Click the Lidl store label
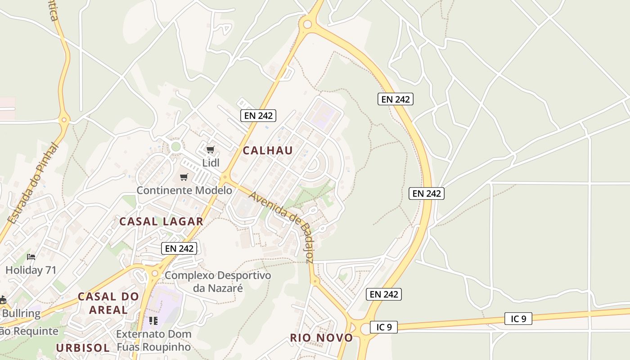pos(211,163)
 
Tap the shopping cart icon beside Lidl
pos(210,149)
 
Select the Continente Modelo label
pos(184,190)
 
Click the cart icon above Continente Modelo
pos(184,177)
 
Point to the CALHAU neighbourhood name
pos(268,151)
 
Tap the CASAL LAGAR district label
pos(161,221)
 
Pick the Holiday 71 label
pos(31,270)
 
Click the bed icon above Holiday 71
pos(31,257)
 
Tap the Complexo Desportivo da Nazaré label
pos(218,281)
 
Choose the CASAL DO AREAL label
pos(108,303)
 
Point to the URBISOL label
pos(83,348)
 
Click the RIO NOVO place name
pos(321,338)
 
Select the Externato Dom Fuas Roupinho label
pos(154,341)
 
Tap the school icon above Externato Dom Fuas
pos(153,321)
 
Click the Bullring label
pos(21,313)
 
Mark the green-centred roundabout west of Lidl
pos(175,146)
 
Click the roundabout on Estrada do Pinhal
pos(64,120)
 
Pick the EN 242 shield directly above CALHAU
pos(258,115)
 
